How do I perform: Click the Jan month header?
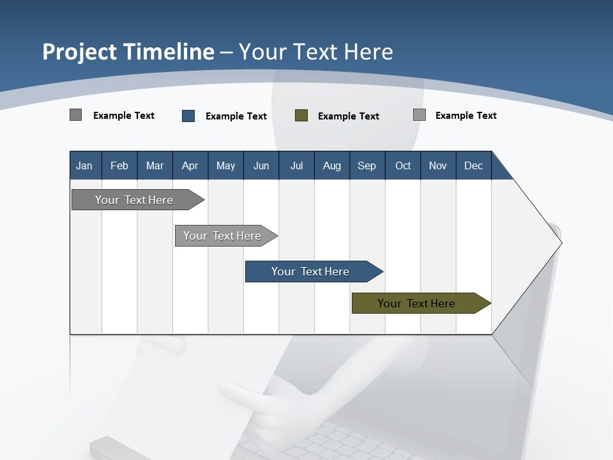click(x=84, y=166)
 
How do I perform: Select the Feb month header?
click(x=119, y=166)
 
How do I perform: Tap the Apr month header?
click(x=190, y=166)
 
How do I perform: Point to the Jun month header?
click(x=261, y=166)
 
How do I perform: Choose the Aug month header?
click(x=331, y=166)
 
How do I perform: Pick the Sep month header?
click(x=367, y=166)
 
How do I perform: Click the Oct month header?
click(x=403, y=166)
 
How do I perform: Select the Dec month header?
click(x=473, y=166)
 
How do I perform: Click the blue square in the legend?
click(x=188, y=116)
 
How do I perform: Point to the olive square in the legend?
click(x=301, y=116)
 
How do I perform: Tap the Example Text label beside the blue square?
click(x=236, y=116)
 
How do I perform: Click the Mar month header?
click(x=155, y=166)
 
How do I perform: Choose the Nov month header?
click(x=438, y=166)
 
